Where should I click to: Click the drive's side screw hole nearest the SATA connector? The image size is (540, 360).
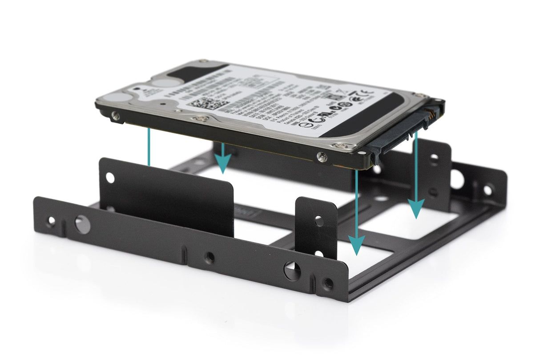click(x=322, y=157)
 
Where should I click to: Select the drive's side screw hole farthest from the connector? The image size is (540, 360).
click(x=116, y=116)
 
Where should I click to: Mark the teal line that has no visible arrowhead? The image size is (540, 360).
click(x=149, y=147)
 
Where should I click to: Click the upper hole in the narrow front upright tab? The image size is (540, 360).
click(x=319, y=220)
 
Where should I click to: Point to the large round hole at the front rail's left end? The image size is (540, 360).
click(x=82, y=224)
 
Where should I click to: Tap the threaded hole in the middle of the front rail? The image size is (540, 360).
click(x=209, y=257)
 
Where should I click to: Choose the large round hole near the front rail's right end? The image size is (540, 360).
click(x=292, y=271)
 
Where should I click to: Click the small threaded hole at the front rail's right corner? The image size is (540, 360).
click(x=328, y=283)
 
